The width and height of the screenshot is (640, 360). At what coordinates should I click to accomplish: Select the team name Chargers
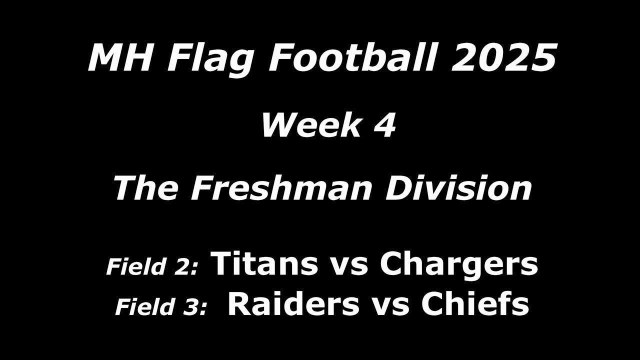[458, 265]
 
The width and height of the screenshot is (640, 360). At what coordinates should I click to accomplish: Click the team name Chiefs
[474, 304]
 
